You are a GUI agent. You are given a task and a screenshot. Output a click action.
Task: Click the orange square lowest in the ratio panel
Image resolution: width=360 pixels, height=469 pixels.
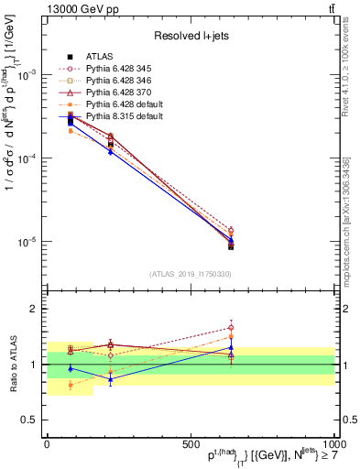(x=71, y=386)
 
